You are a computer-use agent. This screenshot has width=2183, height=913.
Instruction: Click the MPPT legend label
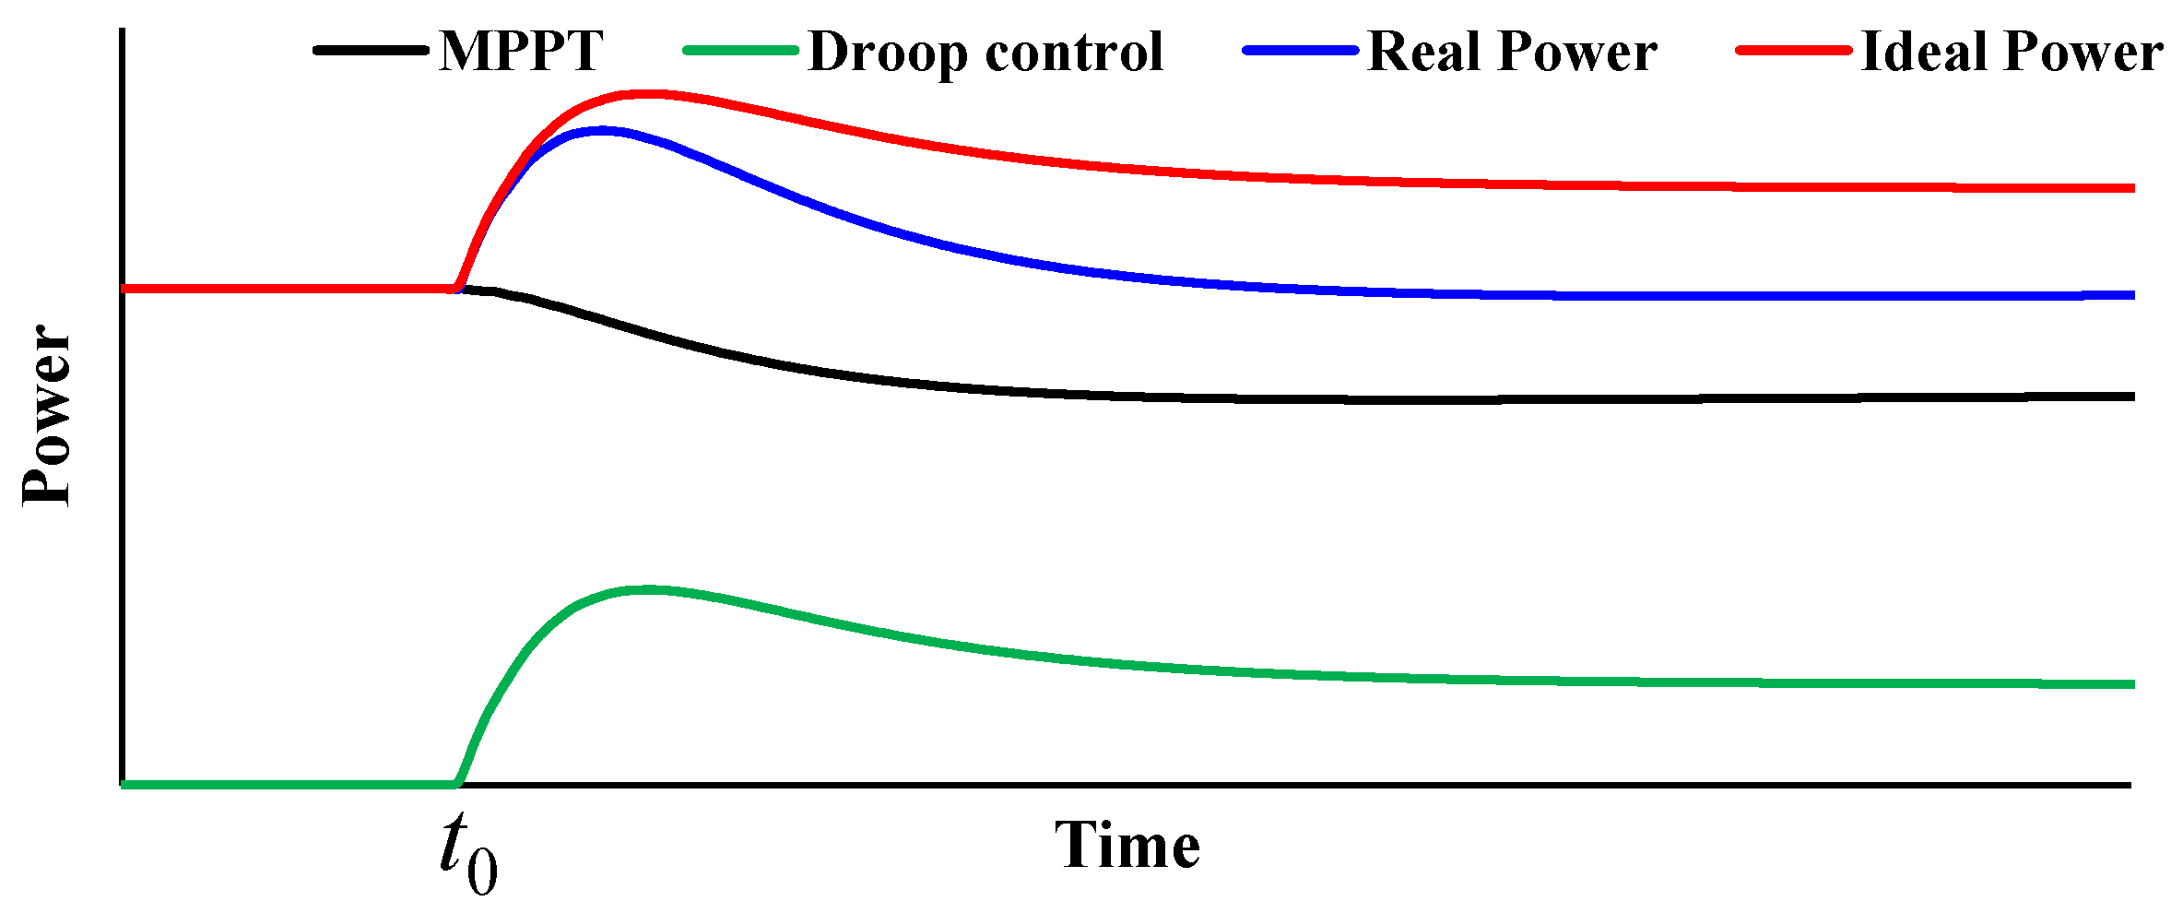point(521,51)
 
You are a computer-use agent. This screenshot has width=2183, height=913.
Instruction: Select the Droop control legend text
point(985,52)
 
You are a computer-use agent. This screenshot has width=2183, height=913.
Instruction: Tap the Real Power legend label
point(1512,51)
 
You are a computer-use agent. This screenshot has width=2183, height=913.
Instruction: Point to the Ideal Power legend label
point(2012,51)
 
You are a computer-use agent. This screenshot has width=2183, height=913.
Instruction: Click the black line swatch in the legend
point(371,50)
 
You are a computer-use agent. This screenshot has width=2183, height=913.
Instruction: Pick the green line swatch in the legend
point(740,50)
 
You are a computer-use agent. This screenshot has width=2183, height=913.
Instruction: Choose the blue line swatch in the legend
point(1300,50)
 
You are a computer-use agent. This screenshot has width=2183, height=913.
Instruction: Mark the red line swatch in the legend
point(1793,50)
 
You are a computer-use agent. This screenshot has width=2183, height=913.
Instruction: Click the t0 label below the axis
point(467,853)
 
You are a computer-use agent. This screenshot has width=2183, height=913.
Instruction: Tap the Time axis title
point(1127,846)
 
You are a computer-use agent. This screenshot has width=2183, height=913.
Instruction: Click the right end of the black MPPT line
point(2131,397)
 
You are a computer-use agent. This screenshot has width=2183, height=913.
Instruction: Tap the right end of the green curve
point(2131,684)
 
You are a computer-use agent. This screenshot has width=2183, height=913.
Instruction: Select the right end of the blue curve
point(2131,295)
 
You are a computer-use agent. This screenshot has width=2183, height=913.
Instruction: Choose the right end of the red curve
point(2131,188)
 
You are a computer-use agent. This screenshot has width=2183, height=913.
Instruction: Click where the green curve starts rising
point(456,783)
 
